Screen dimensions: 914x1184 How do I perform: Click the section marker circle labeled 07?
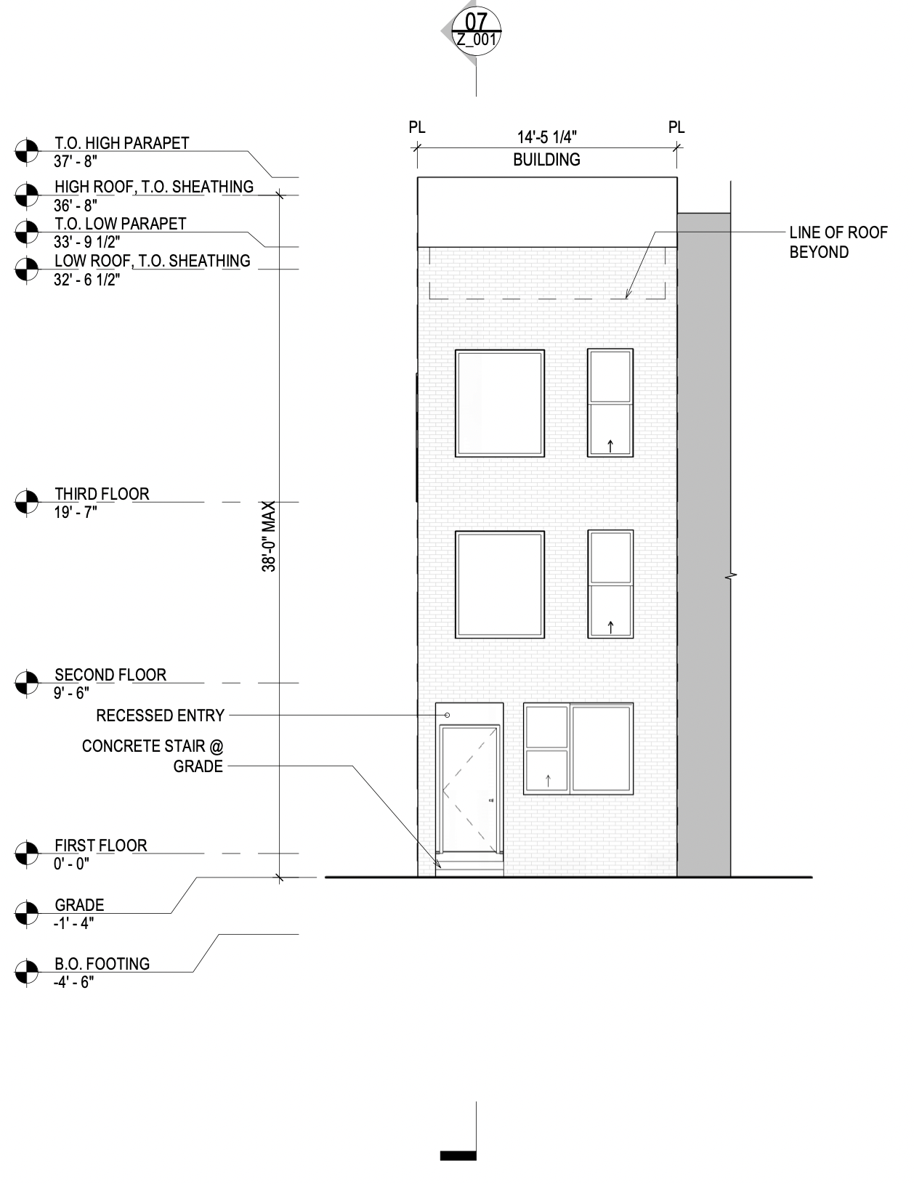(x=477, y=31)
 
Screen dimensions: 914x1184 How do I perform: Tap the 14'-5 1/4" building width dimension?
(x=546, y=137)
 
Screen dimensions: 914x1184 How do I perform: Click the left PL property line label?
(x=417, y=128)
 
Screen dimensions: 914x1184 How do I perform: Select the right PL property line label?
(x=676, y=128)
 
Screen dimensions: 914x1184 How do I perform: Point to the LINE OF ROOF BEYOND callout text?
(x=838, y=243)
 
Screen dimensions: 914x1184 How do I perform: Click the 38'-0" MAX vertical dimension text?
(x=269, y=536)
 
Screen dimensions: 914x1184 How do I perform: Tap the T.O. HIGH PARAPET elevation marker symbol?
(x=26, y=152)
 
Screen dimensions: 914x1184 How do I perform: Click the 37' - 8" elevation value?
(x=76, y=162)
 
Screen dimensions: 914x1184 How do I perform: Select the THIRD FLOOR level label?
(x=102, y=494)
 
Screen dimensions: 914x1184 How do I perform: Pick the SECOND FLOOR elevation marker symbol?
(x=26, y=683)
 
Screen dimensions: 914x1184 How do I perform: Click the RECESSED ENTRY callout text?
(x=161, y=715)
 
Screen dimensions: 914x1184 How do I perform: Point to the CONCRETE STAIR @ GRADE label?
(x=153, y=756)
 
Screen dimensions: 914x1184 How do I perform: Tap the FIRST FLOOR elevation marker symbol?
(x=26, y=853)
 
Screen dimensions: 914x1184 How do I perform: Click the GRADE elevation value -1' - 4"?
(x=73, y=923)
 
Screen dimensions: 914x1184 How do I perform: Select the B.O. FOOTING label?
(x=102, y=964)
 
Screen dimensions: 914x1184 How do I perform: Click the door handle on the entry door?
(x=491, y=800)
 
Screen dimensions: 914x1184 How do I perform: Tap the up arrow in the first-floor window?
(x=549, y=781)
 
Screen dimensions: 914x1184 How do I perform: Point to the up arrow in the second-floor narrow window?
(x=610, y=627)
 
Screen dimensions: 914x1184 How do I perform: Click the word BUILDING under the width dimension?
(x=546, y=160)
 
